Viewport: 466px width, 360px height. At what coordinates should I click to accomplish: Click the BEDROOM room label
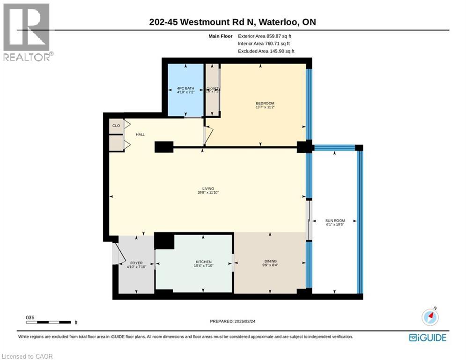point(265,103)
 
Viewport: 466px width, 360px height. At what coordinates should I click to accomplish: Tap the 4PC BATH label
point(185,88)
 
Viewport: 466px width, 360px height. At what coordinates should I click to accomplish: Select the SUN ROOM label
point(335,220)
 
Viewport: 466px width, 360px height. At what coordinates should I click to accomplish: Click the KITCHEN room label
point(204,262)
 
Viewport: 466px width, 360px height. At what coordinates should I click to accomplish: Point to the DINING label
point(270,262)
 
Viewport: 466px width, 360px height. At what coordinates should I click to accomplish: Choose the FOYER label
point(136,263)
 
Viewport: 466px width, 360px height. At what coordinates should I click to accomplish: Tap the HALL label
point(140,135)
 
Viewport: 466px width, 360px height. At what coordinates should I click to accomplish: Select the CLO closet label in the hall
point(116,126)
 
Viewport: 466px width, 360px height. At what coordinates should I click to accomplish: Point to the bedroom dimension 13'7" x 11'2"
point(265,107)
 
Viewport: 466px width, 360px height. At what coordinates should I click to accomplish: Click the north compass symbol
point(430,317)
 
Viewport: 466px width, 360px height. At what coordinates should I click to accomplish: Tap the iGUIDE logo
point(427,337)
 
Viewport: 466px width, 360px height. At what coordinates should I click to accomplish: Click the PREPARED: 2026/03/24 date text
point(234,321)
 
